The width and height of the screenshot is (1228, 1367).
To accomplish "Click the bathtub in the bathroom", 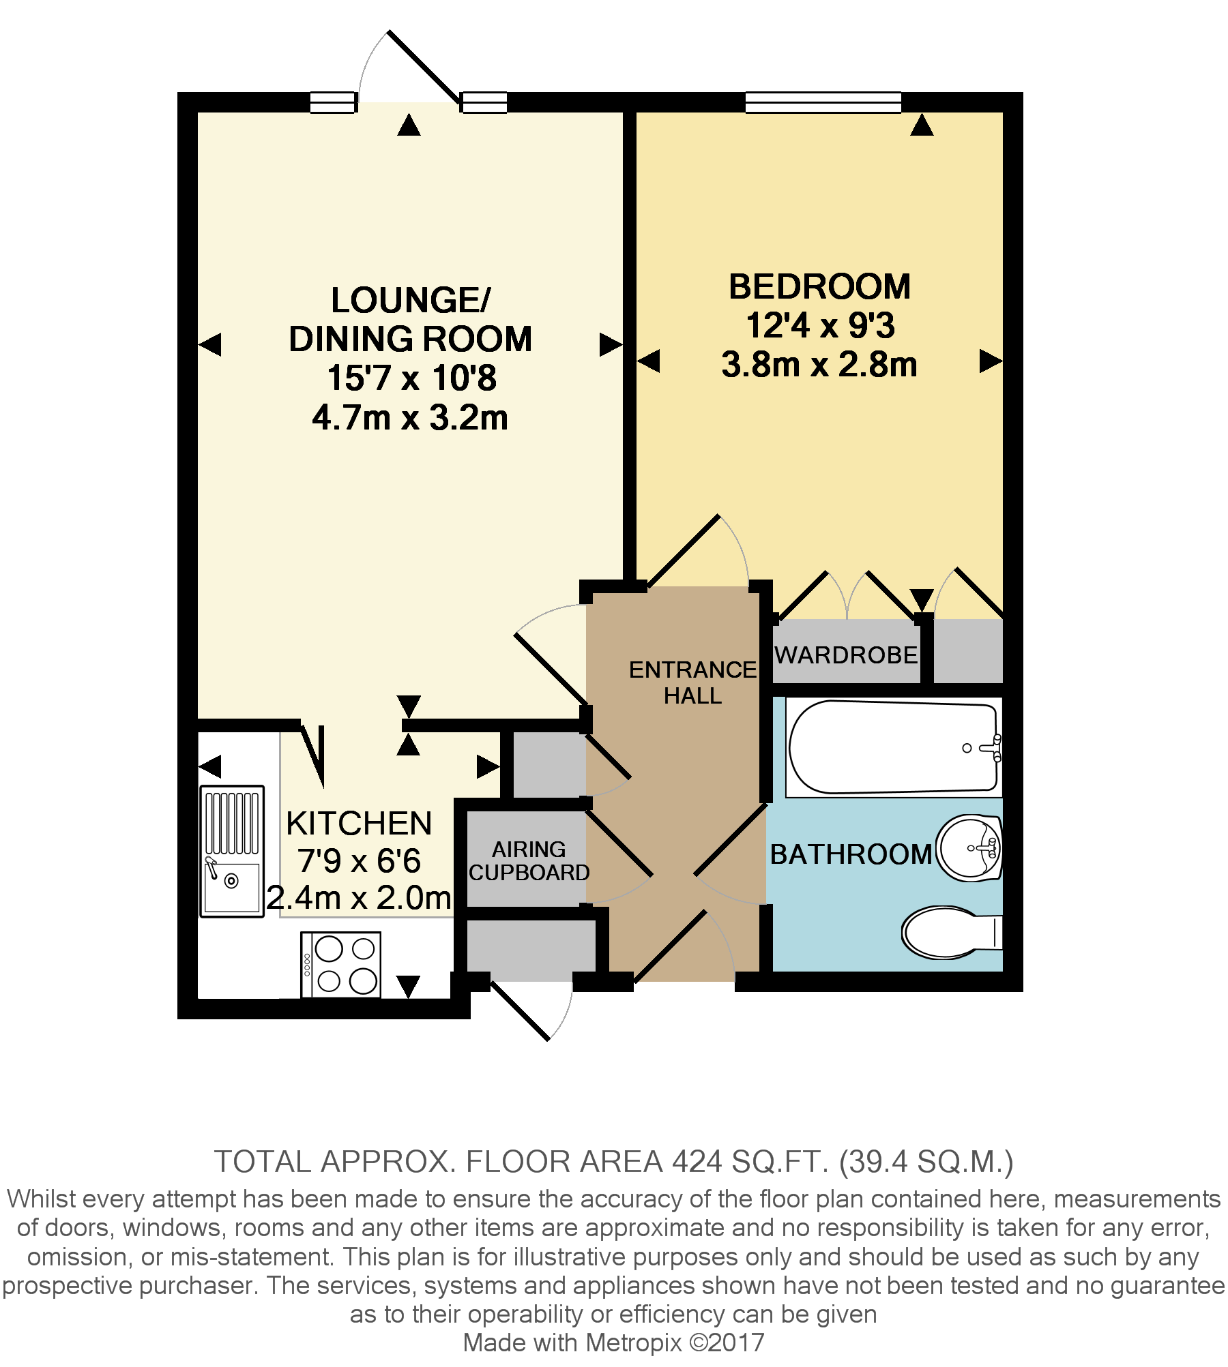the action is (894, 747).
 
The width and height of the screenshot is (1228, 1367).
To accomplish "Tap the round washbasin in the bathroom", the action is (969, 848).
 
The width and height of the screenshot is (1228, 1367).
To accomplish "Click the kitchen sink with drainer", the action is (232, 851).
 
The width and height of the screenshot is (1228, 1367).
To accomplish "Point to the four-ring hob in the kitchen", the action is (341, 964).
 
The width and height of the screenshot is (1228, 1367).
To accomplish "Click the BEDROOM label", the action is (819, 286).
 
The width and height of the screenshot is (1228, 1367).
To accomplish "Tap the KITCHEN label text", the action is (359, 823).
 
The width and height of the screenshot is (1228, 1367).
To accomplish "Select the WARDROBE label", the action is (846, 655).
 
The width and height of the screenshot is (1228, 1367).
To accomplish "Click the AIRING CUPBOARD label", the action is (529, 860).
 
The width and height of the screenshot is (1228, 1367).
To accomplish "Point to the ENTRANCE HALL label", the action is (692, 682).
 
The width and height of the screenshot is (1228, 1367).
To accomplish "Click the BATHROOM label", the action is (851, 854).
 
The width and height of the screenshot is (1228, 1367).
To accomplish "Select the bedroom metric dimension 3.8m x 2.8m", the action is (819, 365).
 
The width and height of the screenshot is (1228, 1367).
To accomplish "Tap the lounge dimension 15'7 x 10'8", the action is (411, 378).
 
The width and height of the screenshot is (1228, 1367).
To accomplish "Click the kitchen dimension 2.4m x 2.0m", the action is (359, 898).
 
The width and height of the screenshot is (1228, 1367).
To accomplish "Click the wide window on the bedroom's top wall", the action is (823, 102).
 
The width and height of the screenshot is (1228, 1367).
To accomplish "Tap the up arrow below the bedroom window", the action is (922, 125).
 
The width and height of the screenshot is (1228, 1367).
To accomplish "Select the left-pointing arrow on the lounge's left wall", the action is (210, 344).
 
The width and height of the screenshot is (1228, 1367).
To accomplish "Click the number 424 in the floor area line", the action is (697, 1162).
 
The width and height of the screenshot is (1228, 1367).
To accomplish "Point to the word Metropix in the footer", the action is (633, 1342).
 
